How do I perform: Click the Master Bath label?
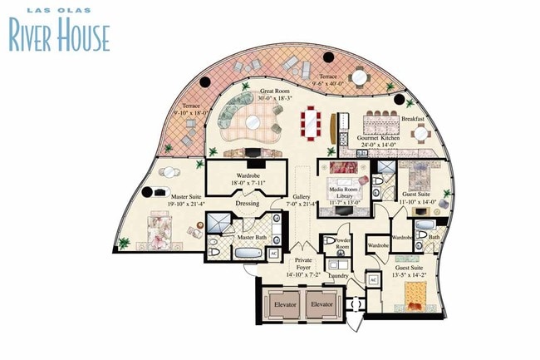pyautogui.click(x=252, y=238)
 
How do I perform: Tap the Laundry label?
pyautogui.click(x=337, y=274)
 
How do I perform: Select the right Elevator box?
pyautogui.click(x=323, y=304)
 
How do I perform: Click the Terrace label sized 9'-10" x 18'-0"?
pyautogui.click(x=191, y=110)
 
